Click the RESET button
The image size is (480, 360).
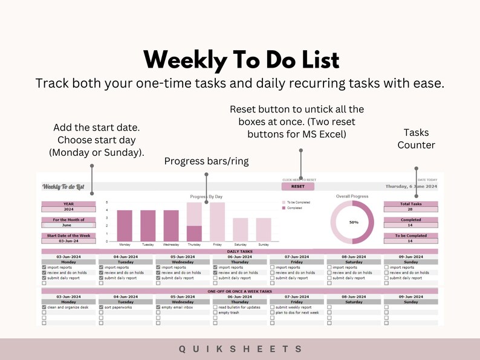pos(298,187)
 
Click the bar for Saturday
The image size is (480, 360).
pos(240,230)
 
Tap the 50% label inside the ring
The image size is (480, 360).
pos(354,222)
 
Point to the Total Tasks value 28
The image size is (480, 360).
pos(410,209)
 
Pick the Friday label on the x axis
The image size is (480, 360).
pos(217,245)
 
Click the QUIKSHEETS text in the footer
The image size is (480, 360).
pos(240,349)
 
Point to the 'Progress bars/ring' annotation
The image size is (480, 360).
pos(206,161)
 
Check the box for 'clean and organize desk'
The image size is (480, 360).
pos(44,307)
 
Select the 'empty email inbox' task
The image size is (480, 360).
pos(177,307)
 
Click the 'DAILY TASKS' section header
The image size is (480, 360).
pos(240,251)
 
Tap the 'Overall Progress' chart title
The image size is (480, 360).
pos(352,196)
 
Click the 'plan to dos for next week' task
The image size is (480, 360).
pos(296,313)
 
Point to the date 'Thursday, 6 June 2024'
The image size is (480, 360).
pos(411,187)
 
